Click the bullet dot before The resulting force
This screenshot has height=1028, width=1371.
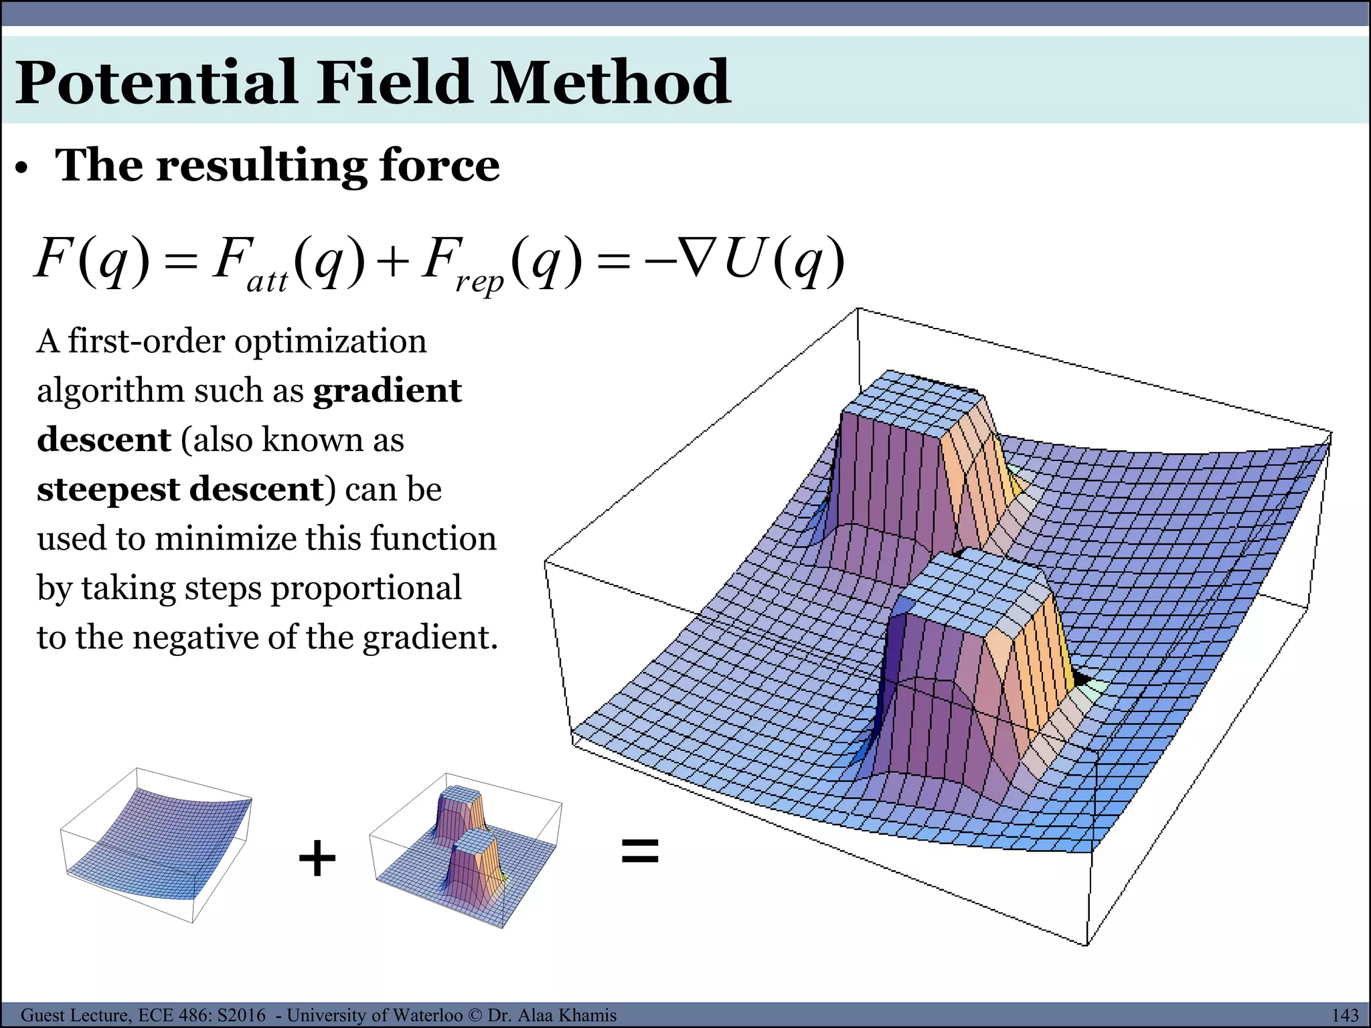point(23,169)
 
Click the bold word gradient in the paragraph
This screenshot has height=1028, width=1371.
point(388,391)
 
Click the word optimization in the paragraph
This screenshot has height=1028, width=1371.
point(330,341)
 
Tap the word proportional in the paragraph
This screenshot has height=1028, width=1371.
point(366,588)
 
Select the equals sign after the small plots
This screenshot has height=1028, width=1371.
point(640,852)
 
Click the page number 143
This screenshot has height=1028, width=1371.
point(1344,1015)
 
